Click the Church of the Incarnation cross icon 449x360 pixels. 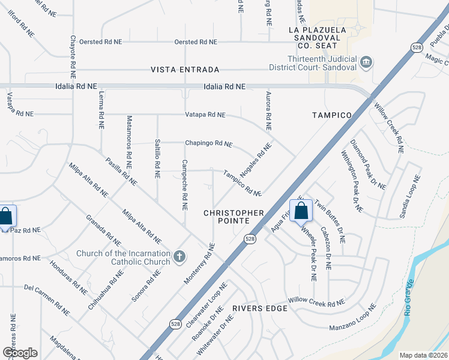pos(178,257)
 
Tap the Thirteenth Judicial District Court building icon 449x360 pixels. pos(366,62)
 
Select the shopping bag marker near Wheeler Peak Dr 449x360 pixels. pos(301,211)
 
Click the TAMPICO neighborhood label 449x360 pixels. pos(331,115)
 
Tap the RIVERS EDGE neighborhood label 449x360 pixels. pos(261,308)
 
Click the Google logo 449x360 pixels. pos(20,352)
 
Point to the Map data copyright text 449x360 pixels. pos(423,355)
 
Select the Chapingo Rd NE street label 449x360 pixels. pos(208,143)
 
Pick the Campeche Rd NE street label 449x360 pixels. pos(185,185)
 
